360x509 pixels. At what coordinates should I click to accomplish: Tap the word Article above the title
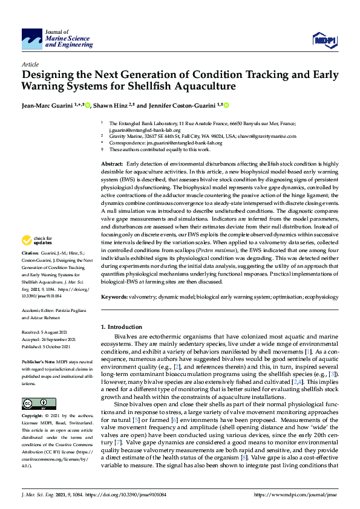pyautogui.click(x=30, y=63)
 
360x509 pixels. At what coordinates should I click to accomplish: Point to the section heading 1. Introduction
pyautogui.click(x=121, y=327)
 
